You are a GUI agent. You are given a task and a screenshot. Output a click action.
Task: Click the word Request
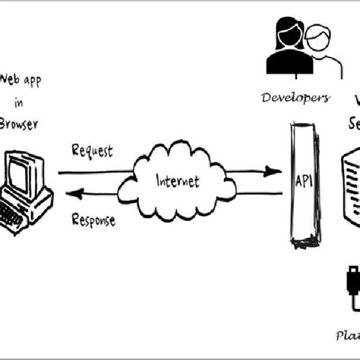92,150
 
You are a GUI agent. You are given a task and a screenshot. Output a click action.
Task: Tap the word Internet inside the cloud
177,182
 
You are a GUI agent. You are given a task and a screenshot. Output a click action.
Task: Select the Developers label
295,97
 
